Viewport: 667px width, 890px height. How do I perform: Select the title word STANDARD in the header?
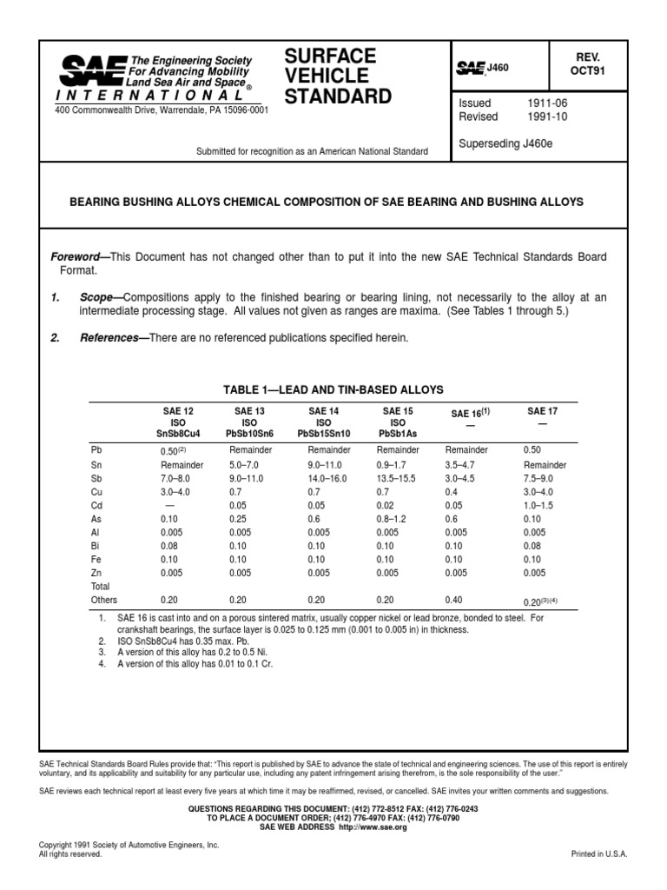(338, 96)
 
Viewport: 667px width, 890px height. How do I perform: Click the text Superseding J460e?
(505, 143)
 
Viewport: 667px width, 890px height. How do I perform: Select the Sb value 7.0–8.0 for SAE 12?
(179, 478)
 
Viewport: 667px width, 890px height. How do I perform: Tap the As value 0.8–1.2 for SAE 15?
(393, 519)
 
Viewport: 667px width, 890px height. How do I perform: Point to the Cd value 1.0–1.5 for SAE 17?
(539, 505)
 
